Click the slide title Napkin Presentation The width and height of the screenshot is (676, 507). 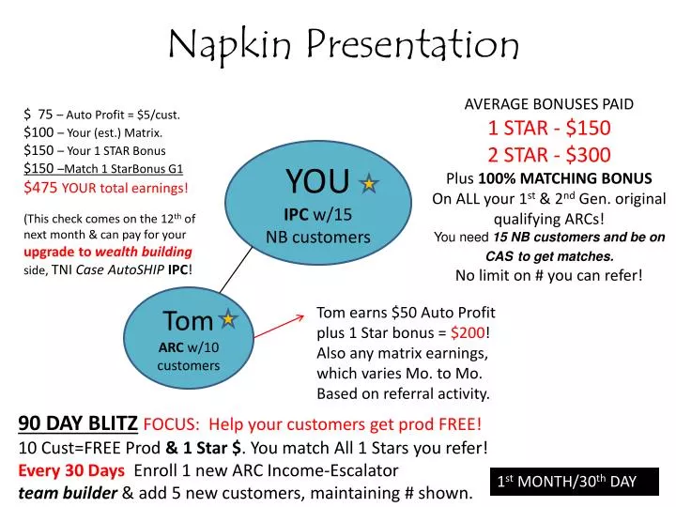pyautogui.click(x=344, y=43)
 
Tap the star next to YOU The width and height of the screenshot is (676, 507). pyautogui.click(x=369, y=185)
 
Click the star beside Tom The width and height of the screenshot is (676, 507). pyautogui.click(x=227, y=320)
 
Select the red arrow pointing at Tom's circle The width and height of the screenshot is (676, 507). pyautogui.click(x=283, y=329)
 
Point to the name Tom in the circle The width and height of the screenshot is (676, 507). pyautogui.click(x=188, y=321)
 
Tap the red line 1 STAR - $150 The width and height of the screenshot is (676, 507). pyautogui.click(x=549, y=129)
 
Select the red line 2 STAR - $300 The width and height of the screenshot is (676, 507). pyautogui.click(x=549, y=154)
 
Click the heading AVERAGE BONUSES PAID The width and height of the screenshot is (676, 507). pyautogui.click(x=549, y=104)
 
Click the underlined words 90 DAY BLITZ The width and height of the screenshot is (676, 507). pyautogui.click(x=78, y=423)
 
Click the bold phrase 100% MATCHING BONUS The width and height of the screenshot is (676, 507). pyautogui.click(x=565, y=178)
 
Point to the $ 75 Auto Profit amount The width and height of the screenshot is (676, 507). pyautogui.click(x=45, y=115)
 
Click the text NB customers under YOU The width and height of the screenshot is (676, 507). pyautogui.click(x=318, y=237)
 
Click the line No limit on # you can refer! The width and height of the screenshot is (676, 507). pyautogui.click(x=549, y=275)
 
